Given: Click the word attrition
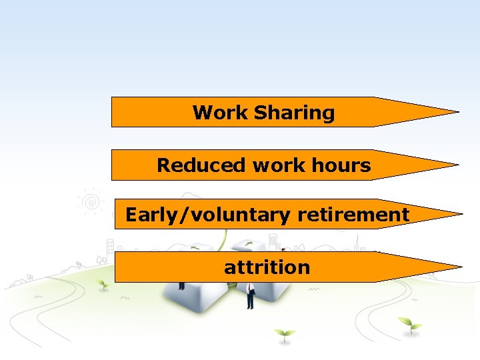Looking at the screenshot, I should click(x=267, y=267).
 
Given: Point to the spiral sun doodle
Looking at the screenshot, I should click(x=92, y=201).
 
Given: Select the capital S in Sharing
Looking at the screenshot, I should click(x=260, y=113).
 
